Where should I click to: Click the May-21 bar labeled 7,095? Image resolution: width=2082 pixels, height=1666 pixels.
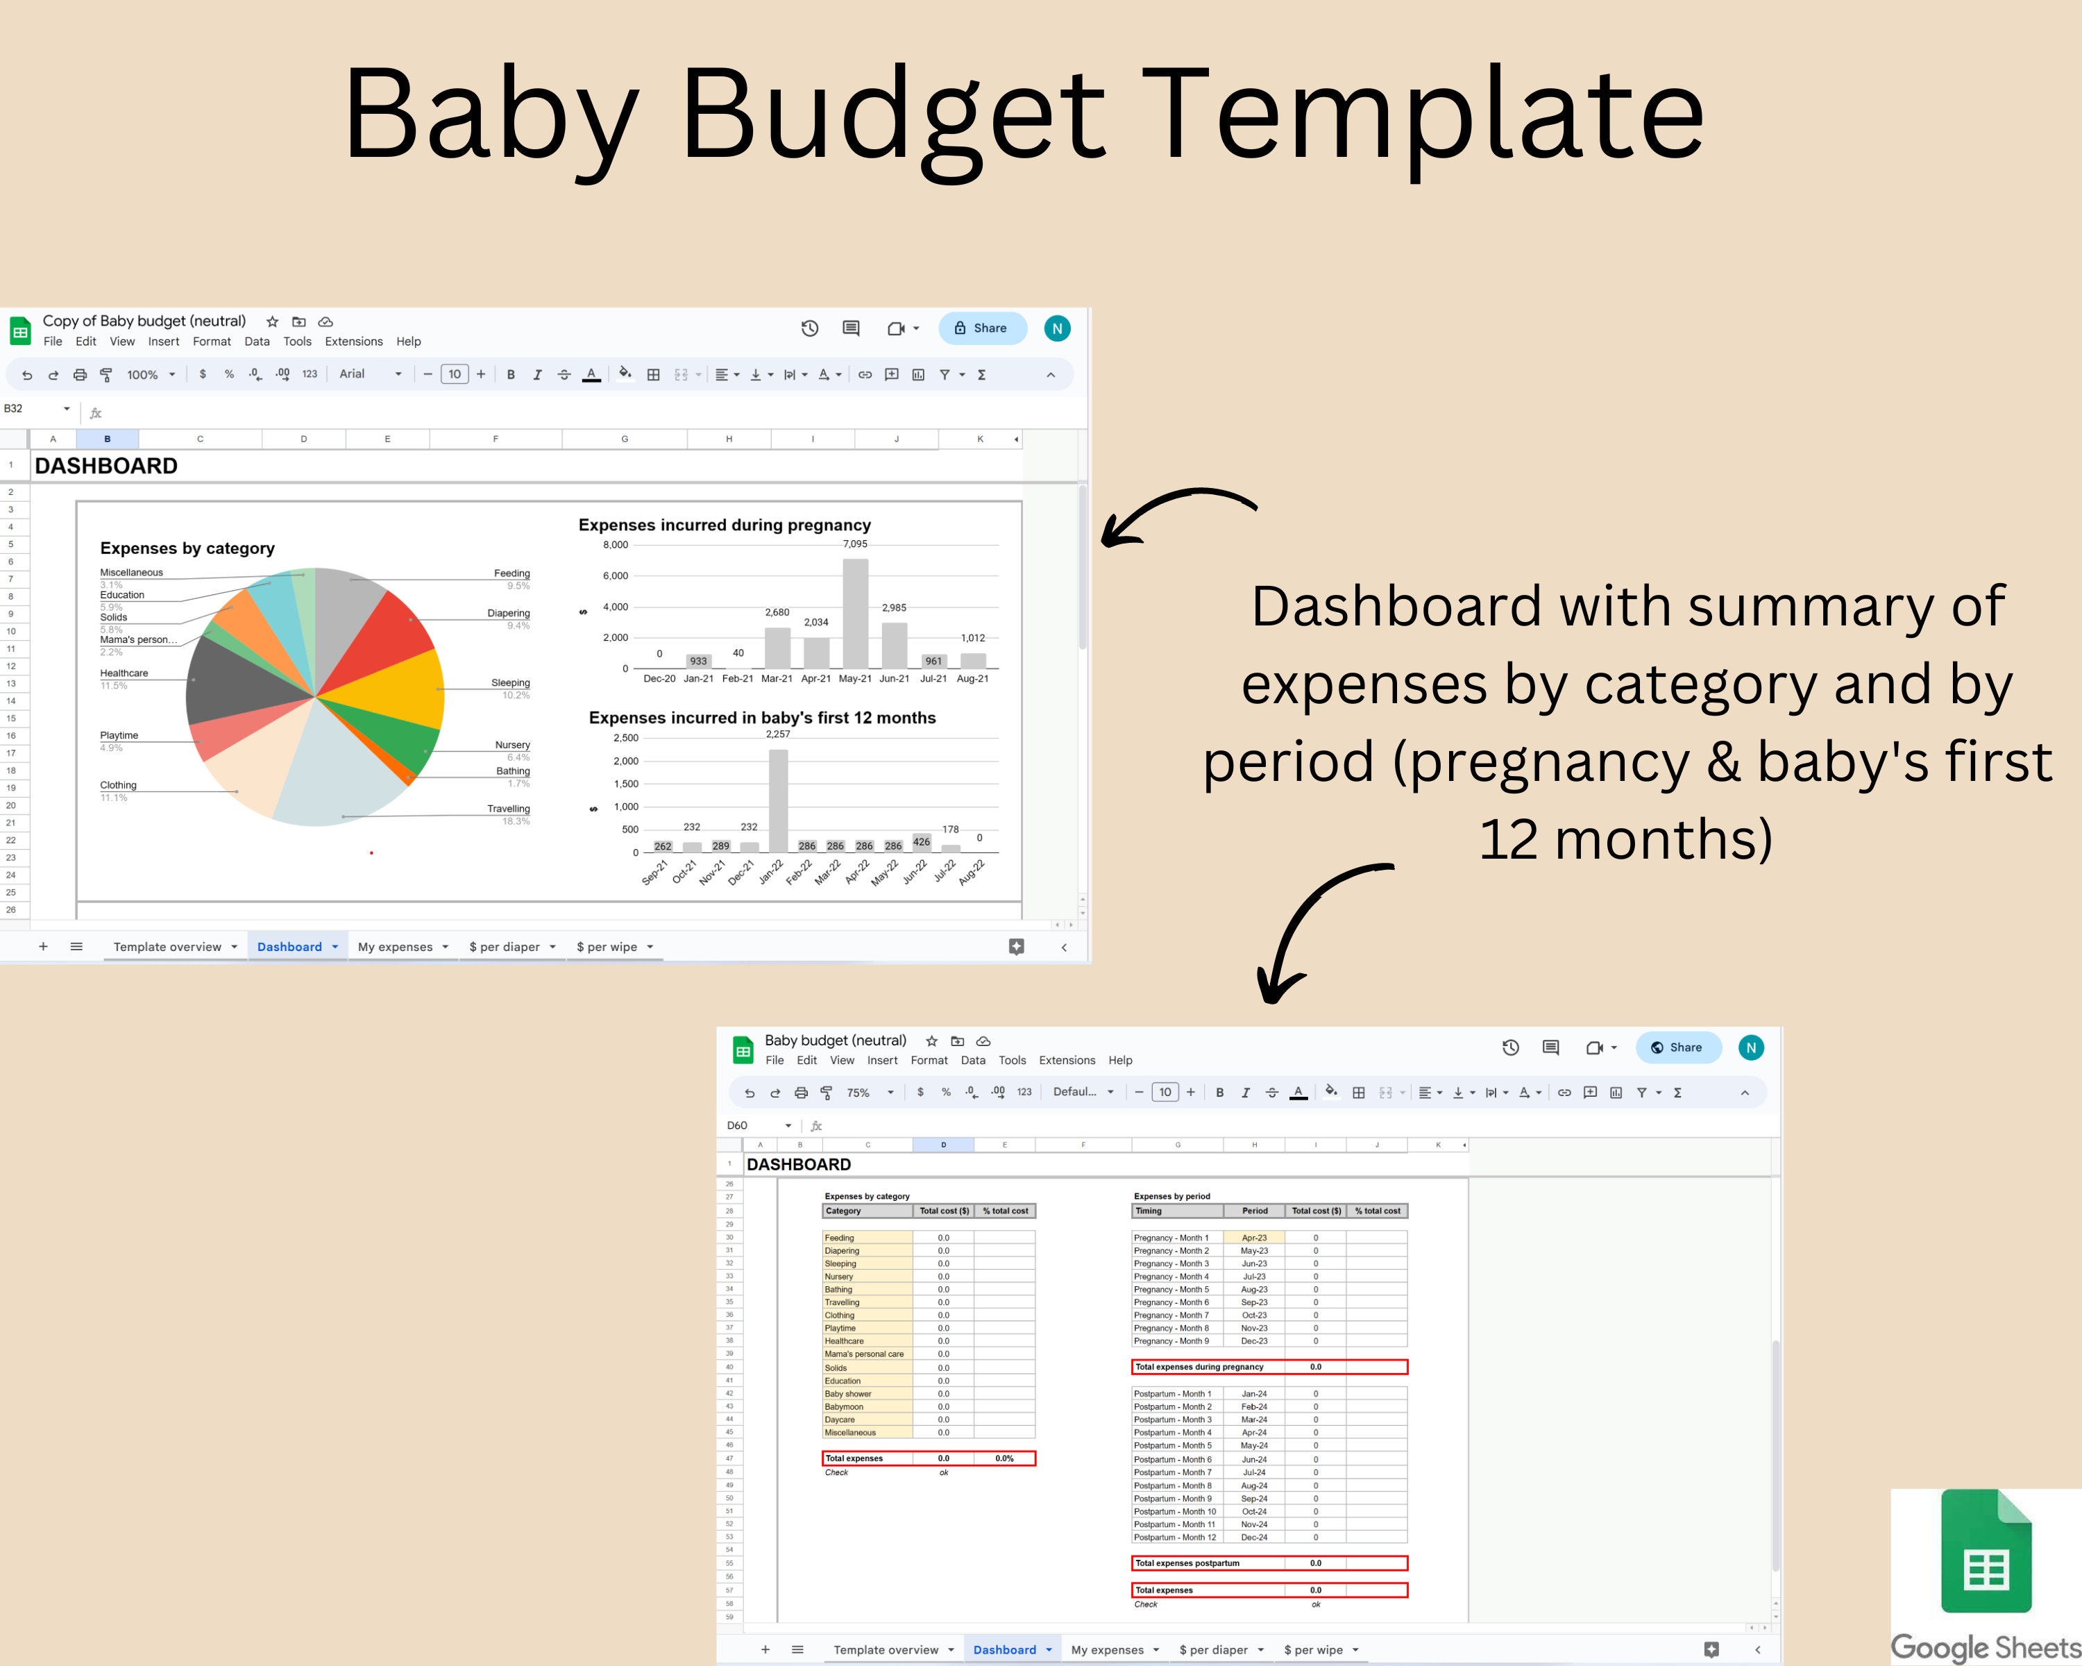pyautogui.click(x=854, y=613)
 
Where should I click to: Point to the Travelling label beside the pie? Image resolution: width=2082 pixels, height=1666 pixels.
pyautogui.click(x=508, y=809)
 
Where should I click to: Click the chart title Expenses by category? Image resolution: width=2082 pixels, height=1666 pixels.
pyautogui.click(x=187, y=548)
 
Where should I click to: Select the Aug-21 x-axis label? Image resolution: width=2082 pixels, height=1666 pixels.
pyautogui.click(x=972, y=679)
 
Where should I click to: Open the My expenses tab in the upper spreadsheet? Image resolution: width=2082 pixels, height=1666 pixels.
pyautogui.click(x=395, y=946)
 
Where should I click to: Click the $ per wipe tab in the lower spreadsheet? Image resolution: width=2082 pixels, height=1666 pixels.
pyautogui.click(x=1313, y=1649)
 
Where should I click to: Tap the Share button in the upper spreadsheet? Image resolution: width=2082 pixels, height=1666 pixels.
pyautogui.click(x=981, y=328)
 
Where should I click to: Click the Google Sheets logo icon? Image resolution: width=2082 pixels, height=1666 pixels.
pyautogui.click(x=1986, y=1552)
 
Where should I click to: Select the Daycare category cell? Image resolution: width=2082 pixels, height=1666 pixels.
pyautogui.click(x=840, y=1420)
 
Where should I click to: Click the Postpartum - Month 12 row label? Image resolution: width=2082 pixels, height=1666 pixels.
pyautogui.click(x=1174, y=1537)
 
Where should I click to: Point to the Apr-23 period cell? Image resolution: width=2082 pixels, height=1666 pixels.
pyautogui.click(x=1253, y=1237)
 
